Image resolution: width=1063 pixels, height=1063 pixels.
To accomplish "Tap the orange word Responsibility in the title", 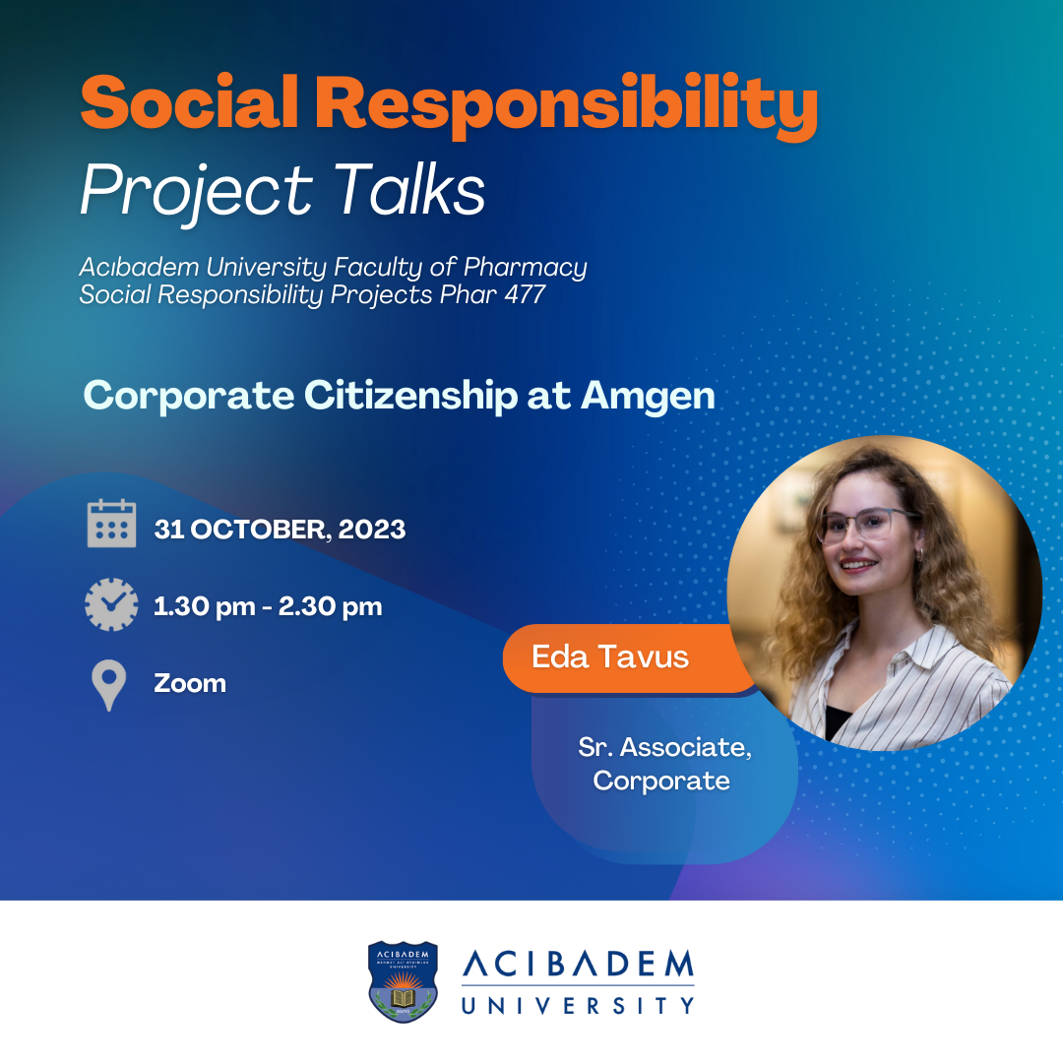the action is tap(567, 105).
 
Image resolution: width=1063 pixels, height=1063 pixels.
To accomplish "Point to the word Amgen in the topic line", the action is tap(648, 397).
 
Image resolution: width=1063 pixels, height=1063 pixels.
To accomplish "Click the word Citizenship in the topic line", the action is tap(410, 396).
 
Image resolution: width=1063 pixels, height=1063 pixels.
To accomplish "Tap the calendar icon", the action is tap(112, 524).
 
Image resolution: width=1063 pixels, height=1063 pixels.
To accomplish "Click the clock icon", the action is tap(111, 604).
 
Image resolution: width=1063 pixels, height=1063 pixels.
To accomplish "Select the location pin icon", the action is tap(108, 685).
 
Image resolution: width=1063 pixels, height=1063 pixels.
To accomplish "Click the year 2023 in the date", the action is tap(371, 530).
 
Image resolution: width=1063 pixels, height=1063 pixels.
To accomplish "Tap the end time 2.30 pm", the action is tap(330, 606).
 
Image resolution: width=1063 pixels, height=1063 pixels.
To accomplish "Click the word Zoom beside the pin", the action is tap(190, 683).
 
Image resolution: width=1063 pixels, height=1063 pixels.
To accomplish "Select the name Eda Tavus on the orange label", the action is tap(610, 657).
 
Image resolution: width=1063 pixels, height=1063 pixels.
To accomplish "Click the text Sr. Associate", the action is tap(665, 746).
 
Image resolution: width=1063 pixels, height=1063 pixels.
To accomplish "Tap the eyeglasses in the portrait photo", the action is tap(867, 524).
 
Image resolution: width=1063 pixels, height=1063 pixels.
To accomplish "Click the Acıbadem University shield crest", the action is tap(403, 981).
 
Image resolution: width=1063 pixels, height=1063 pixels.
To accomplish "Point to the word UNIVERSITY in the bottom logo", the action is tap(579, 1005).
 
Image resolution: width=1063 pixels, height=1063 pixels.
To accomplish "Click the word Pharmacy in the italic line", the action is tap(526, 268).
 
